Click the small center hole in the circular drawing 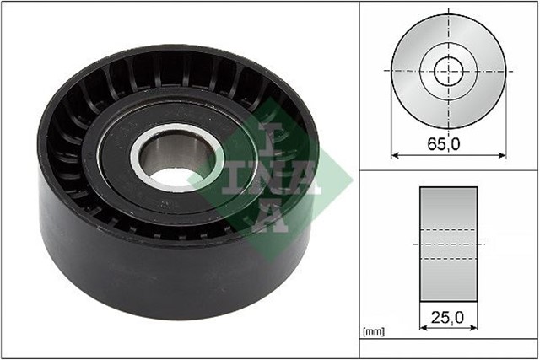tap(449, 70)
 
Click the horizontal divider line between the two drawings tap(447, 170)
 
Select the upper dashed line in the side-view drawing tap(448, 228)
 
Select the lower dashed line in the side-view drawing tap(448, 258)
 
